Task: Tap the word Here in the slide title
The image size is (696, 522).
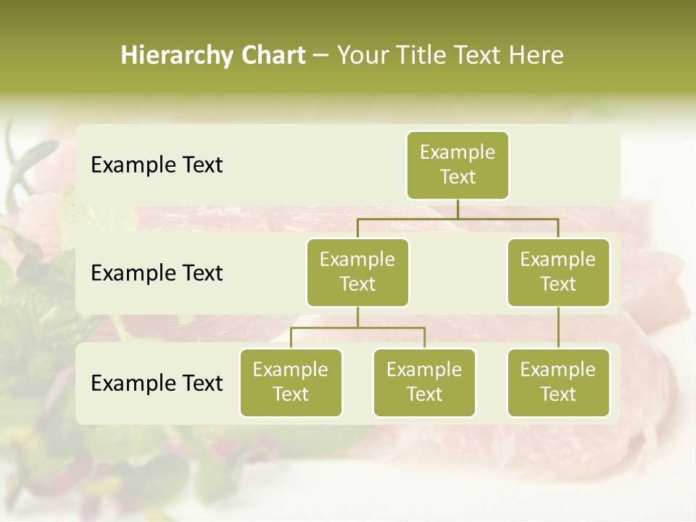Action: pyautogui.click(x=536, y=56)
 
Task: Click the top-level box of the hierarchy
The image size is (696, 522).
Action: pyautogui.click(x=457, y=165)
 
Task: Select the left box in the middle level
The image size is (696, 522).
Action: pyautogui.click(x=357, y=273)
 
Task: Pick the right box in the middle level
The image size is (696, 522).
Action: pyautogui.click(x=558, y=273)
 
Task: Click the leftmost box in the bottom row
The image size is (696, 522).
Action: pyautogui.click(x=291, y=383)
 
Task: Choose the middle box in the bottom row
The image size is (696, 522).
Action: pyautogui.click(x=424, y=383)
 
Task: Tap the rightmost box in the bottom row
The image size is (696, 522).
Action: pyautogui.click(x=558, y=383)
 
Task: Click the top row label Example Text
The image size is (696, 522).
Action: pyautogui.click(x=157, y=165)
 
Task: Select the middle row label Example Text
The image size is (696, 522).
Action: pyautogui.click(x=157, y=273)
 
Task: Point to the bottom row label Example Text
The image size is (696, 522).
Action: pyautogui.click(x=157, y=383)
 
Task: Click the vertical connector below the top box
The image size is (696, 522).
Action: pyautogui.click(x=457, y=209)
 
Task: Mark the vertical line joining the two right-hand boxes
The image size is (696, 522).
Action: pyautogui.click(x=558, y=328)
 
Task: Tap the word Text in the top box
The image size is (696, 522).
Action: pyautogui.click(x=457, y=177)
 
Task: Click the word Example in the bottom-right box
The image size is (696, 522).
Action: pyautogui.click(x=558, y=370)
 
